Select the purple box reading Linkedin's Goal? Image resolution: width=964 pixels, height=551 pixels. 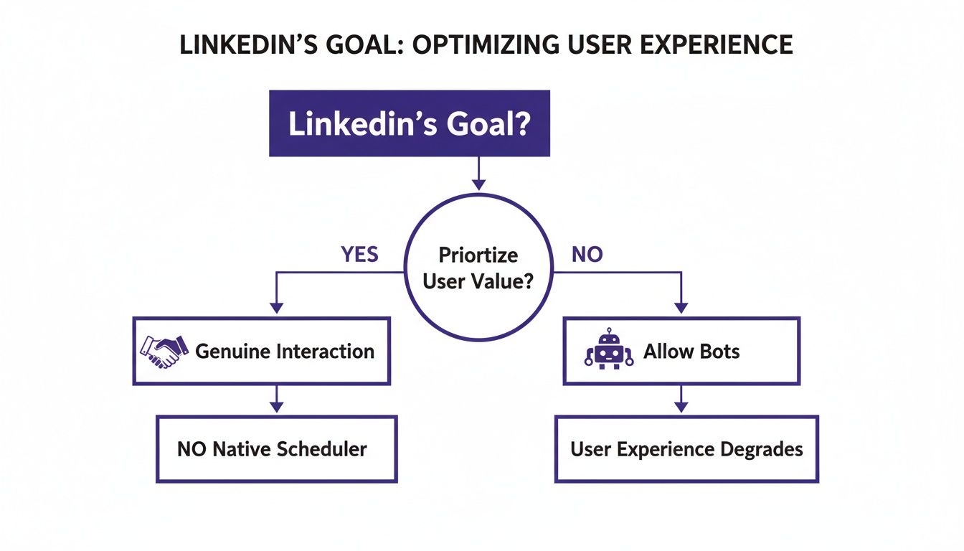[x=409, y=123]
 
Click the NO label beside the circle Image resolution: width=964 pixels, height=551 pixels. [x=587, y=255]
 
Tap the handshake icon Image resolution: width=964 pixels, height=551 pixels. [x=164, y=351]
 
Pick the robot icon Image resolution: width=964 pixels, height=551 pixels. [x=609, y=349]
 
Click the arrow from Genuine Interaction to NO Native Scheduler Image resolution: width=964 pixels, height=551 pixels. [x=275, y=399]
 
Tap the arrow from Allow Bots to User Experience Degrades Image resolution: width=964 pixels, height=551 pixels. [x=681, y=399]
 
